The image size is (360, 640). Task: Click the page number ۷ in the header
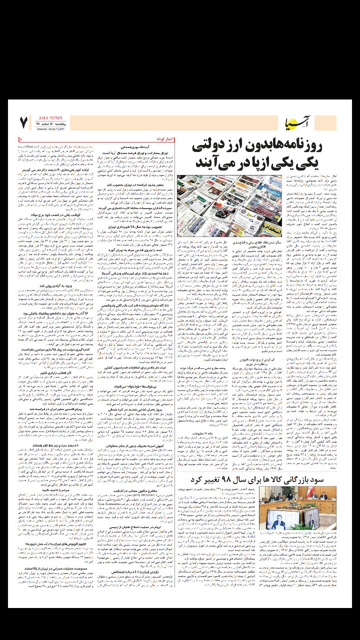click(23, 121)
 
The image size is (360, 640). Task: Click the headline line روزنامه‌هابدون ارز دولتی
click(263, 148)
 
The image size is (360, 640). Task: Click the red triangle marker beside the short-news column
click(20, 138)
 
